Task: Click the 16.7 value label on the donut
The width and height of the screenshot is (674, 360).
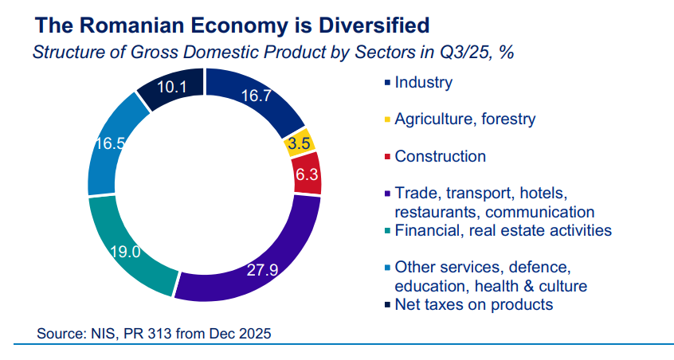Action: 257,96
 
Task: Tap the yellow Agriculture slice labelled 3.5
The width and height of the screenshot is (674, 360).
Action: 300,144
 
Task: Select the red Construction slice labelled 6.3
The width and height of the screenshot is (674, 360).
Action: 307,174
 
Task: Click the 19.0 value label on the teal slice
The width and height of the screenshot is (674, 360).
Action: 125,252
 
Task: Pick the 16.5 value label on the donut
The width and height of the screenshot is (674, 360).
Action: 109,144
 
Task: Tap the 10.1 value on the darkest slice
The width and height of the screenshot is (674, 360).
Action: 171,88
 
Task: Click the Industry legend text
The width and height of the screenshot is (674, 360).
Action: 423,82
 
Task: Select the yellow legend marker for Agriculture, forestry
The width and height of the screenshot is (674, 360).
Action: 387,119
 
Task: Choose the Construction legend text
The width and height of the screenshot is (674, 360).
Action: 440,156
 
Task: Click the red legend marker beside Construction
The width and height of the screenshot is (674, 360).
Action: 387,157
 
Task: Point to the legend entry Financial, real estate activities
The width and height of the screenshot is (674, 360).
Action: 503,230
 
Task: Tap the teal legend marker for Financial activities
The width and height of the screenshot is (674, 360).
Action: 387,231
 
